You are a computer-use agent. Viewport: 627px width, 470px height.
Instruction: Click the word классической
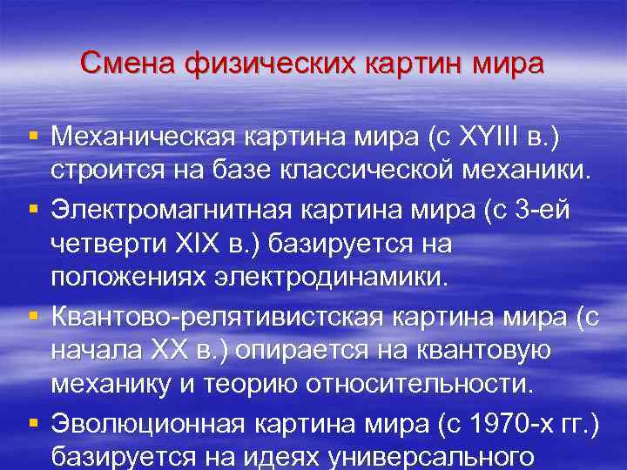[401, 171]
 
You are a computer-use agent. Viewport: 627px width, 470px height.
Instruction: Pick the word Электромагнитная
[160, 207]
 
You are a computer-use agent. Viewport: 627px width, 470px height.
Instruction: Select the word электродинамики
[342, 278]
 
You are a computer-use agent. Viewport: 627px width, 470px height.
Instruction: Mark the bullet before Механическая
[33, 135]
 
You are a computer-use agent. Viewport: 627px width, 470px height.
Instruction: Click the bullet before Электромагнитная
[33, 206]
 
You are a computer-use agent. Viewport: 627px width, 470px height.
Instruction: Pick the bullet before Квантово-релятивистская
[33, 313]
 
